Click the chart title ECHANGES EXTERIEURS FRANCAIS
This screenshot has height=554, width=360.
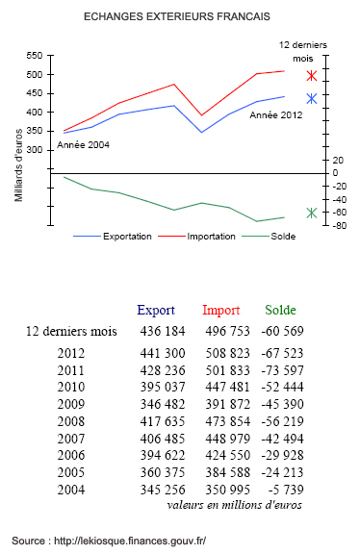coord(176,17)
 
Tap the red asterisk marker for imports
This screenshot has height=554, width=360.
coord(311,75)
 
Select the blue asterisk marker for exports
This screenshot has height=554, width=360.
coord(311,98)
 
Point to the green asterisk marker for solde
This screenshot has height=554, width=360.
coord(311,213)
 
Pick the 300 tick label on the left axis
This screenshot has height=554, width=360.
coord(39,150)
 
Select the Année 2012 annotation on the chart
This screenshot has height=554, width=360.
coord(274,115)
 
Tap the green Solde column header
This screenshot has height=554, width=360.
coord(280,311)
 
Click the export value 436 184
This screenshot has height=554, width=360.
coord(162,331)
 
